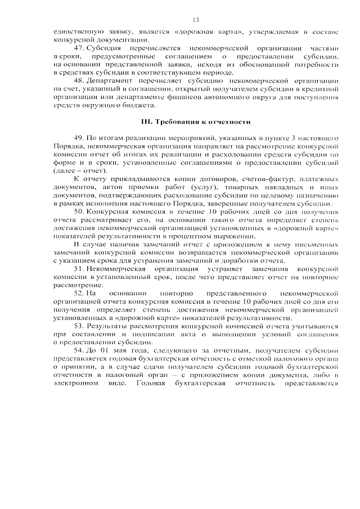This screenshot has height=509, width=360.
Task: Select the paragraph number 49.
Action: tap(80, 138)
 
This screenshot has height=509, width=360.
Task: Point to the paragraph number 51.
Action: tap(80, 269)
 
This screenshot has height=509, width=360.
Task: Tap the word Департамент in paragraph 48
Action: tap(111, 81)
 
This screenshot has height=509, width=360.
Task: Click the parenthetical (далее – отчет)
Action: tap(82, 170)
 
